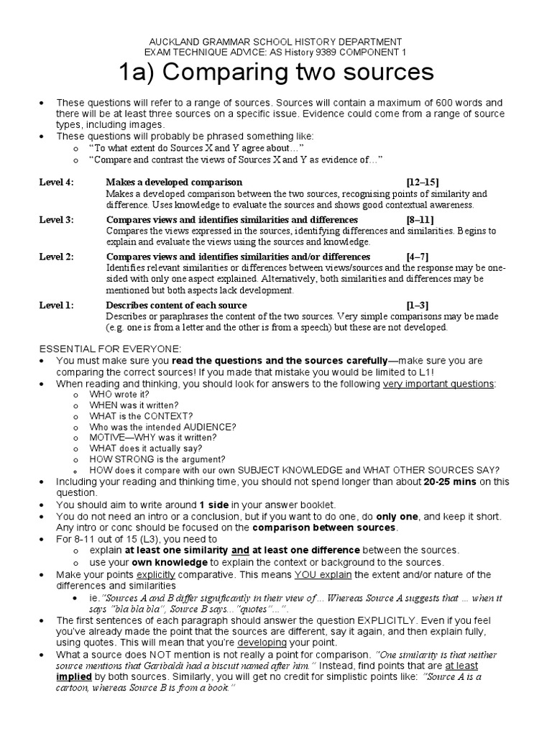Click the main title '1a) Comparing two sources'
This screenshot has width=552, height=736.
tap(276, 72)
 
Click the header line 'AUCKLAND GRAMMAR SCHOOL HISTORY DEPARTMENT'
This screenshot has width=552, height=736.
tap(276, 42)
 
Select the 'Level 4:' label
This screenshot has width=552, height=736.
tap(56, 183)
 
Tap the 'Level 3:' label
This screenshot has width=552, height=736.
tap(56, 220)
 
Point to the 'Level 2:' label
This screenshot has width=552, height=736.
tap(56, 257)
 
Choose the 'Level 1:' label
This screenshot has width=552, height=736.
tap(56, 305)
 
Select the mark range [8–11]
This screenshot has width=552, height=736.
tap(420, 220)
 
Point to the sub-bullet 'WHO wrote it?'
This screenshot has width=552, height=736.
tap(119, 395)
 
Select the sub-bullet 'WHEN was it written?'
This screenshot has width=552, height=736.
tap(134, 405)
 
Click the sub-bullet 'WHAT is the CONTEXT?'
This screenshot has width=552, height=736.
tap(141, 415)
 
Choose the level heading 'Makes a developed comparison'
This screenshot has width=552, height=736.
tap(175, 183)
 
